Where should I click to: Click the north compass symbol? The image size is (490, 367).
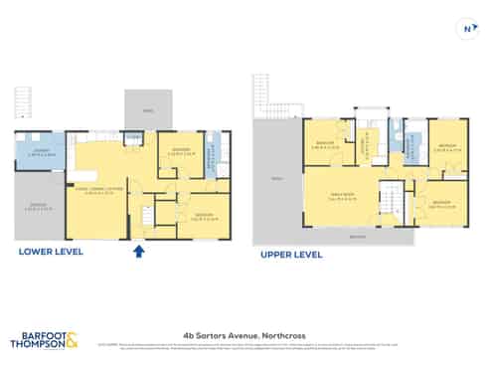466,29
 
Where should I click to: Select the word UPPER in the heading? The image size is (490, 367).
277,255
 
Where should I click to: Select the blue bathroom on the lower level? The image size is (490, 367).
211,154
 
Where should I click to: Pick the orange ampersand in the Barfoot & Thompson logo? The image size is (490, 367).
72,341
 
